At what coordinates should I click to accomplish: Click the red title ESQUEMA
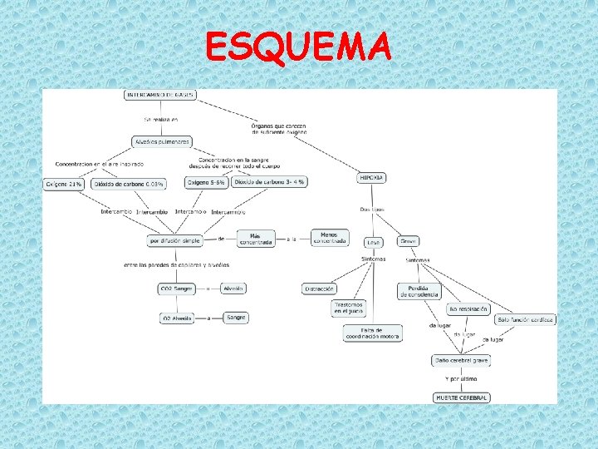298,47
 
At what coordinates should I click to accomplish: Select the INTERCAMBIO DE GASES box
161,95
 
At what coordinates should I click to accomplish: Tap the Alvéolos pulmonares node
163,141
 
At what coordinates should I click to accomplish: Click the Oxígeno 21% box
65,183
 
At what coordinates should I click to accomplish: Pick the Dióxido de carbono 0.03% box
129,183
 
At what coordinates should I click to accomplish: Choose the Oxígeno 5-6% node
206,181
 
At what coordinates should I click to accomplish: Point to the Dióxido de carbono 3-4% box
270,181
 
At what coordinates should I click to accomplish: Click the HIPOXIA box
371,177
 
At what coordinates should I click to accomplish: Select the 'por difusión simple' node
175,240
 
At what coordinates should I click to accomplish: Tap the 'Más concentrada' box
256,239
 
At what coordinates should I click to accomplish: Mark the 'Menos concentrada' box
330,238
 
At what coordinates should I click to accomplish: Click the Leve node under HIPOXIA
374,242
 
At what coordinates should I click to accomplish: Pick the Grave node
408,241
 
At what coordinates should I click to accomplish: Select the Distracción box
320,289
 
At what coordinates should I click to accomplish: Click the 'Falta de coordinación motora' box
373,333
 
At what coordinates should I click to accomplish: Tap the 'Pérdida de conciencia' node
419,291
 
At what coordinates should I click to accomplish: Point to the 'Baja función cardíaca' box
525,319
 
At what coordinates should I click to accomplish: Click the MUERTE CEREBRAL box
463,397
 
